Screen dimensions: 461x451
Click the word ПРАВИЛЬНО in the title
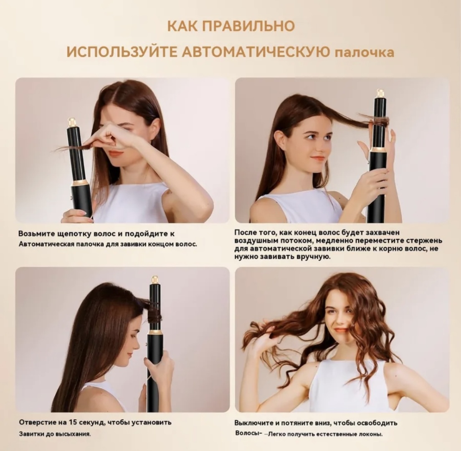tap(248, 26)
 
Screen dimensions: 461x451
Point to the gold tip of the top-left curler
tap(71, 121)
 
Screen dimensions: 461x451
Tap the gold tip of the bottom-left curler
tap(155, 279)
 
